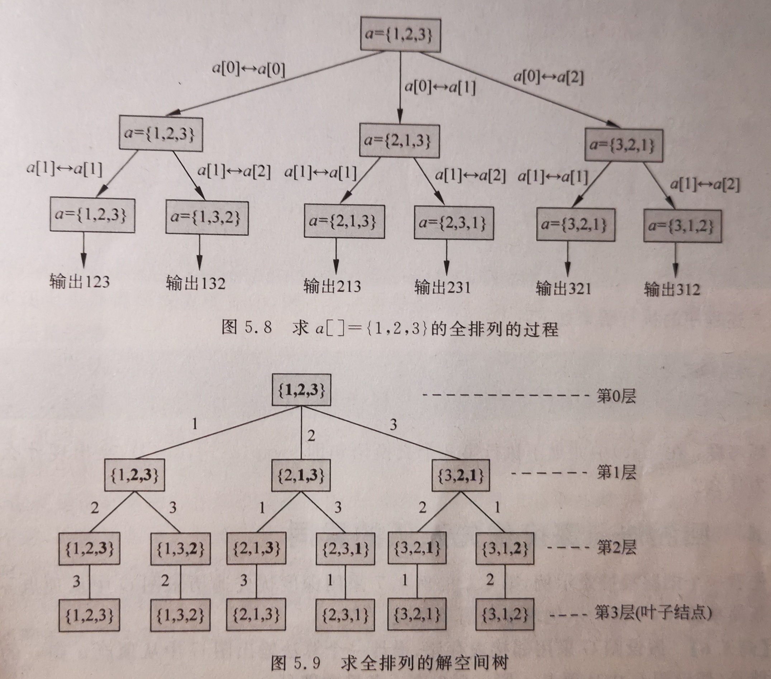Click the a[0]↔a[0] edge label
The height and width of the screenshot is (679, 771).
coord(248,70)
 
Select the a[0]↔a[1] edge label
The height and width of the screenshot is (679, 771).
coord(440,87)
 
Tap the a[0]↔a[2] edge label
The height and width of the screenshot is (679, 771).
coord(548,78)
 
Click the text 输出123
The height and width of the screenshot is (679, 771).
coord(80,282)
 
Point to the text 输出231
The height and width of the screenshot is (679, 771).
coord(442,288)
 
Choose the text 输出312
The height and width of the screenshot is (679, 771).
coord(672,290)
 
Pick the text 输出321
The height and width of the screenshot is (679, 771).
coord(563,289)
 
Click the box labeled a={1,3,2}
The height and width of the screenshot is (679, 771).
coord(207,218)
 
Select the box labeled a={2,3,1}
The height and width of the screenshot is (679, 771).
coord(453,223)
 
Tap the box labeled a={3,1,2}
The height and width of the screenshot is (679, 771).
coord(682,226)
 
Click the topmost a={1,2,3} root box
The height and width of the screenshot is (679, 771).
coord(400,34)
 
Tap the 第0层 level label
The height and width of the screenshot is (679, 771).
coord(616,396)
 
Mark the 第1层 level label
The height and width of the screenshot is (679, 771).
coord(616,472)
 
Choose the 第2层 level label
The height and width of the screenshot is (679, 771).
coord(616,547)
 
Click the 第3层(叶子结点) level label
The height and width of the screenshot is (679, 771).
coord(653,613)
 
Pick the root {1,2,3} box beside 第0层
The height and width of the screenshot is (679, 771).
coord(301,390)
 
